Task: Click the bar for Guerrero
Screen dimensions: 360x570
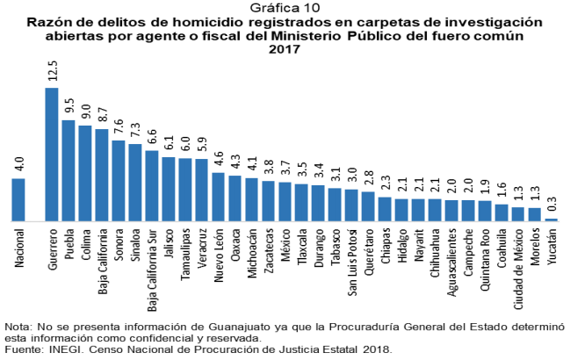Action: click(x=52, y=155)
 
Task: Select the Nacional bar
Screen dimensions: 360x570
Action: click(x=18, y=199)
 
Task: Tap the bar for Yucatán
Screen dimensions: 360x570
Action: click(x=551, y=220)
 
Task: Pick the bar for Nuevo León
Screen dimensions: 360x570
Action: click(x=219, y=197)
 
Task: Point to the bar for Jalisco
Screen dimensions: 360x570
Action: click(x=169, y=188)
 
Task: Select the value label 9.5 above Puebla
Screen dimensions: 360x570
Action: click(x=69, y=107)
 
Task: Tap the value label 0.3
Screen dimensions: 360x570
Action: click(x=551, y=206)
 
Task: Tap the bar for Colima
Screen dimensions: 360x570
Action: click(x=85, y=173)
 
